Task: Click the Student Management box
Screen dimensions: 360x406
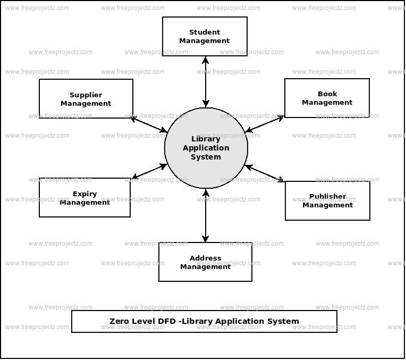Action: click(x=205, y=37)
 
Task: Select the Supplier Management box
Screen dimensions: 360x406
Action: click(x=86, y=99)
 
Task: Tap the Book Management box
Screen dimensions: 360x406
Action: click(x=327, y=98)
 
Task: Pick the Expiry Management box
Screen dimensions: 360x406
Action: click(x=84, y=198)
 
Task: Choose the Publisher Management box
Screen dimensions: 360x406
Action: click(x=327, y=201)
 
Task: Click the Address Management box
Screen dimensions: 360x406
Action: click(x=205, y=262)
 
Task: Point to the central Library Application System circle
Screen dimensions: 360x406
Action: click(x=206, y=148)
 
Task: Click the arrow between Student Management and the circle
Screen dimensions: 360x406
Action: click(x=205, y=82)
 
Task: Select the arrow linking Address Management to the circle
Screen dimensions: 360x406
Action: click(x=206, y=215)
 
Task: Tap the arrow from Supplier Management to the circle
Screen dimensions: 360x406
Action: click(x=149, y=124)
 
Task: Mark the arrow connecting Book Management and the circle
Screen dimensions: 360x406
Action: click(x=265, y=124)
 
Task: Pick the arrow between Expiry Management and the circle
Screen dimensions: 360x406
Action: click(x=149, y=171)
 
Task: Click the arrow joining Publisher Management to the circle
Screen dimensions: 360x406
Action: click(x=264, y=173)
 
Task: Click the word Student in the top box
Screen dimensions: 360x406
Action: click(x=205, y=32)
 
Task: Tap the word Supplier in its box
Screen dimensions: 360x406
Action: click(x=86, y=95)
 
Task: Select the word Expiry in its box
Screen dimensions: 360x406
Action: click(x=84, y=194)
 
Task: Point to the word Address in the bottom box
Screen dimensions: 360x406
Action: click(x=205, y=258)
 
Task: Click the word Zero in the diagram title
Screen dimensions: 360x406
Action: click(x=119, y=321)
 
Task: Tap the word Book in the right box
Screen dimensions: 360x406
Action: click(x=327, y=94)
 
